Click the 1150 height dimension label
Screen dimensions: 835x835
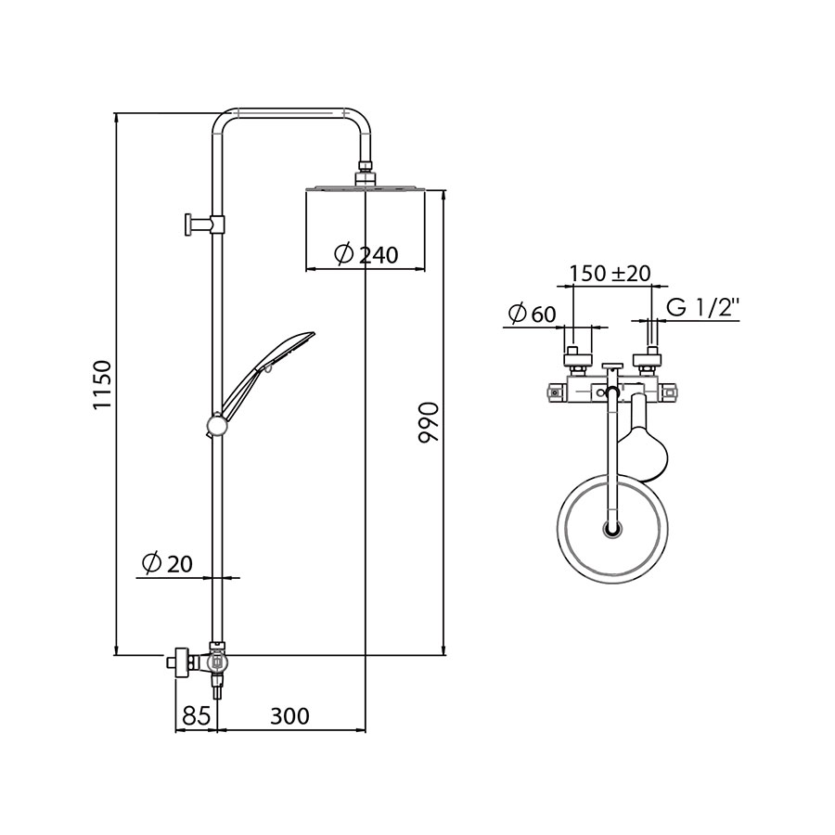[102, 384]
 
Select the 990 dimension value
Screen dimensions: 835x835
[428, 422]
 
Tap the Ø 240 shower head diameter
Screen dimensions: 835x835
[366, 254]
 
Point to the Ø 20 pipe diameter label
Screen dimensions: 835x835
[167, 563]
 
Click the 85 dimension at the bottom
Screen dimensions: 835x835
[196, 716]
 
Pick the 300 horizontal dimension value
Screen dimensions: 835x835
[289, 716]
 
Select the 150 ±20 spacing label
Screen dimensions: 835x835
[610, 273]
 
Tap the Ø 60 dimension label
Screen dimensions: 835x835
[533, 314]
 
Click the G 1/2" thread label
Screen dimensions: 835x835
[703, 308]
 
